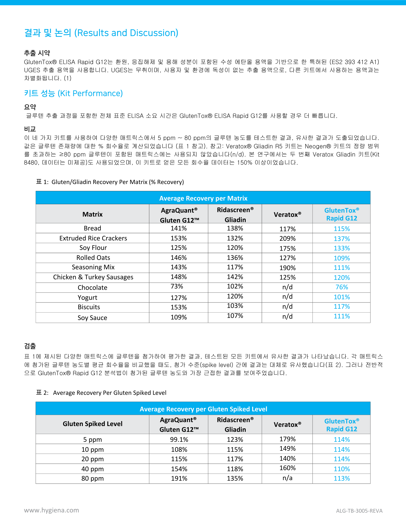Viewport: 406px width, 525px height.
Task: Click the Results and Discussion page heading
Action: click(101, 33)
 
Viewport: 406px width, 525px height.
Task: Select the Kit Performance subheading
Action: click(73, 93)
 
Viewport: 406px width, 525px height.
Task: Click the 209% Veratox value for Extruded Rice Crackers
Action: click(287, 239)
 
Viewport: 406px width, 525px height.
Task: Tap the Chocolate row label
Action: click(92, 288)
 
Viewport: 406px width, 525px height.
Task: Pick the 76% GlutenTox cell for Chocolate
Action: click(342, 287)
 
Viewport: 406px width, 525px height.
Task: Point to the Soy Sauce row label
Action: click(92, 318)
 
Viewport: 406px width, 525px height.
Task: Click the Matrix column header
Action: click(92, 214)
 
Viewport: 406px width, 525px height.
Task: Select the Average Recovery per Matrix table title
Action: click(203, 198)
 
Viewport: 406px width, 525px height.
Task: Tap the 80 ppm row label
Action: click(92, 479)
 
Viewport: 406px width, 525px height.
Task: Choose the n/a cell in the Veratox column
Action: click(287, 478)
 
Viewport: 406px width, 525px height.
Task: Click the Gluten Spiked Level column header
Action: click(92, 424)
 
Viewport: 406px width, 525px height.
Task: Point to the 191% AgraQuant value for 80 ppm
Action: click(179, 479)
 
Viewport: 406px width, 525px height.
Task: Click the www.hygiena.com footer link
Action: click(52, 510)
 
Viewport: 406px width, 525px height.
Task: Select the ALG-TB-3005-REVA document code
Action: click(359, 511)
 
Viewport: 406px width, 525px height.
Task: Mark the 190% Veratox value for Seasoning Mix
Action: click(287, 268)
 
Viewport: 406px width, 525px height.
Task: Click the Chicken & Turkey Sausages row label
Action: click(93, 277)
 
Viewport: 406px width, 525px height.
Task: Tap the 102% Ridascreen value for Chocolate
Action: click(235, 286)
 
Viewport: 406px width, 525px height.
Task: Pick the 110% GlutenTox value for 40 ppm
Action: click(342, 469)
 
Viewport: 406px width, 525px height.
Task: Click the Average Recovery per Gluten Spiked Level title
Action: click(203, 409)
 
